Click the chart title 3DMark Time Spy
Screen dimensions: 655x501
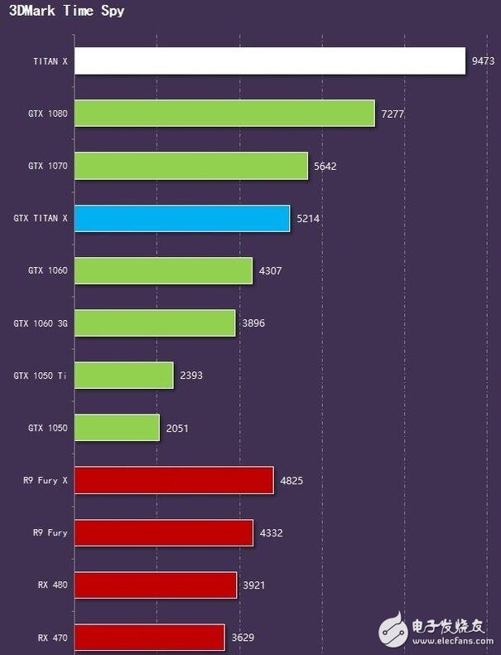(67, 12)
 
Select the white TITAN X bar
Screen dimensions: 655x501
(269, 61)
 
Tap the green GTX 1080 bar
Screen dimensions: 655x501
(224, 114)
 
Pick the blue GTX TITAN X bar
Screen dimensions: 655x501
(182, 218)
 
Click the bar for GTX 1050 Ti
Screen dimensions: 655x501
(124, 376)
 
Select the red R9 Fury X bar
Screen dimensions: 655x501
(174, 480)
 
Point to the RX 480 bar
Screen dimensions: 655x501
(156, 585)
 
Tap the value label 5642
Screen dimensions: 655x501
(325, 166)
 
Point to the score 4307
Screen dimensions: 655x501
(271, 270)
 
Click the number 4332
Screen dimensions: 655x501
(271, 533)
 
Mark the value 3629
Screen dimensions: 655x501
(243, 638)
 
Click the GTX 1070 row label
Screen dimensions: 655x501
(47, 166)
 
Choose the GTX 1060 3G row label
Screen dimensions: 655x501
(41, 323)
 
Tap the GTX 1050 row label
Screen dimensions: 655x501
(47, 428)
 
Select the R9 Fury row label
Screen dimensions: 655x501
(46, 533)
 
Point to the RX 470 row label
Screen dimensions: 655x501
(52, 638)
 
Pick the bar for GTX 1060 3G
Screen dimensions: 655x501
(155, 323)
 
